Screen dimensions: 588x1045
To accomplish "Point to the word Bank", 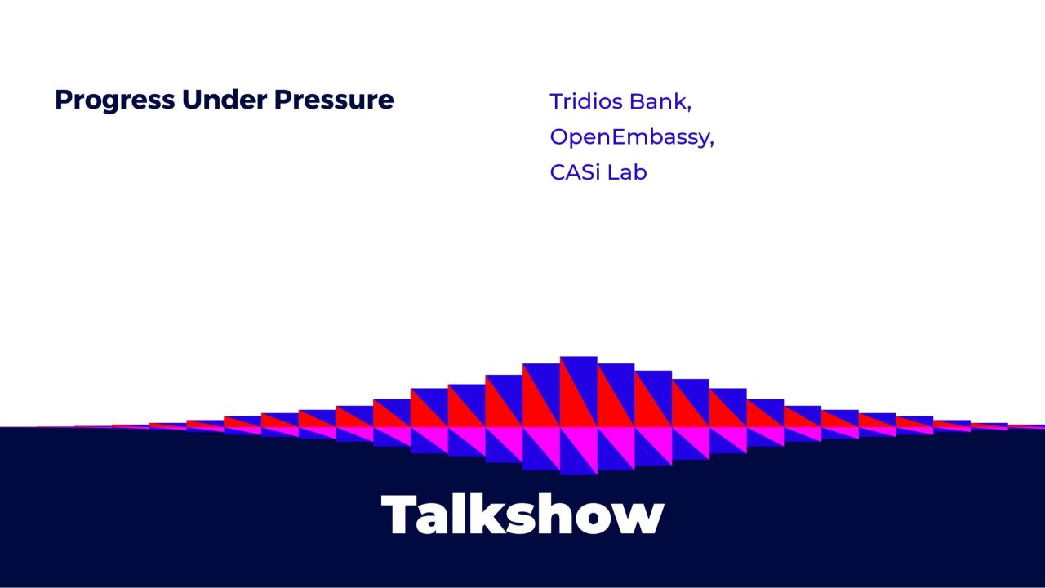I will coord(660,102).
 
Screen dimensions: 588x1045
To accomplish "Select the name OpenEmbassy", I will coord(629,137).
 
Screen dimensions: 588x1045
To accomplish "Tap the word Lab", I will coord(628,172).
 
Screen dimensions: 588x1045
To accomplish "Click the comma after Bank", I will coord(690,109).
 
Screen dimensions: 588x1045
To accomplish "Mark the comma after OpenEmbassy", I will coord(711,145).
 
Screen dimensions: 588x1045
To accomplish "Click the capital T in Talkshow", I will coord(402,515).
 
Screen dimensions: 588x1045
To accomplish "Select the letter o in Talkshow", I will coord(596,519).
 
